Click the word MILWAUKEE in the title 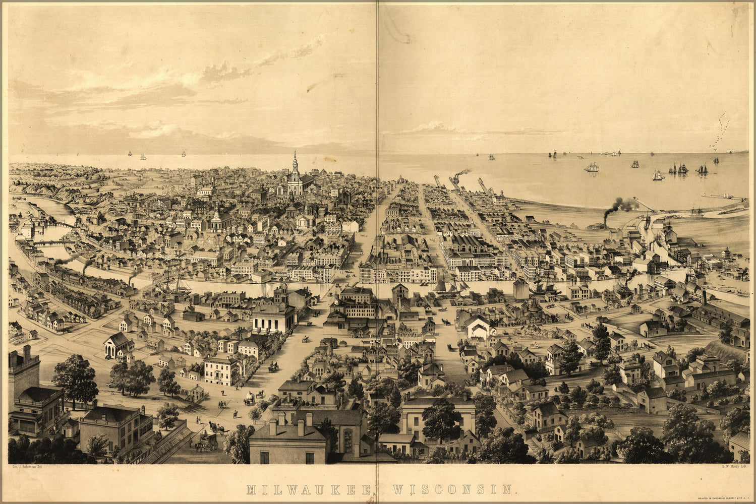coord(309,489)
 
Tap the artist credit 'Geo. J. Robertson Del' coord(29,467)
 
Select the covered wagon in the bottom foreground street coord(206,442)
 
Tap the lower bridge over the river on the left coord(53,242)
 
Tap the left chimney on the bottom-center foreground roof coord(272,426)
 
